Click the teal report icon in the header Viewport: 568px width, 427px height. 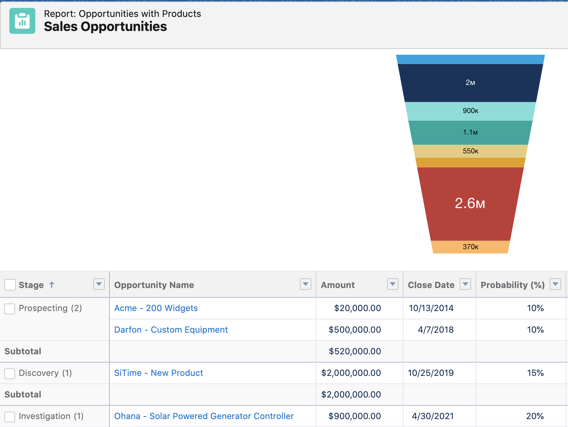click(x=22, y=21)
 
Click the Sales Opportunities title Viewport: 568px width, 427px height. click(x=105, y=27)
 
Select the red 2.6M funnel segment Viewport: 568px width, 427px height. click(x=470, y=203)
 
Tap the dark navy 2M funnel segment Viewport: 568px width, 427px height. click(x=470, y=83)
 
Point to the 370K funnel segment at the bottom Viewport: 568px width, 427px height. click(x=470, y=247)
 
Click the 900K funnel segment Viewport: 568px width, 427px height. click(x=470, y=111)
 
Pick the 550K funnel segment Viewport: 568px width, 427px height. click(x=470, y=151)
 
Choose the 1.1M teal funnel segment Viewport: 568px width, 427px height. click(x=470, y=132)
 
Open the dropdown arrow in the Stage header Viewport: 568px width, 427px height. click(x=99, y=284)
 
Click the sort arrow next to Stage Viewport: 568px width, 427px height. click(x=52, y=285)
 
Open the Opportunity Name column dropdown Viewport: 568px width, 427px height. click(x=305, y=284)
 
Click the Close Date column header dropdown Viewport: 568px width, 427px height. click(x=465, y=284)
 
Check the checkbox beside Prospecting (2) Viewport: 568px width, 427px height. click(x=10, y=309)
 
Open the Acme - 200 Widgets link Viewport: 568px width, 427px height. click(x=156, y=308)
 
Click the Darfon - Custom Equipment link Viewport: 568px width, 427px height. click(x=171, y=330)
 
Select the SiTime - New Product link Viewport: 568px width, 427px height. click(x=158, y=373)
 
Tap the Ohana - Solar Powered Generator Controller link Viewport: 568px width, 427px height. click(x=204, y=416)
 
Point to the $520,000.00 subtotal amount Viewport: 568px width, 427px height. click(x=355, y=351)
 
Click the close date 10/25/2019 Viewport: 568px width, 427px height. click(x=430, y=373)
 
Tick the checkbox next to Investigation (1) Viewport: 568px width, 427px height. click(x=10, y=417)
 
